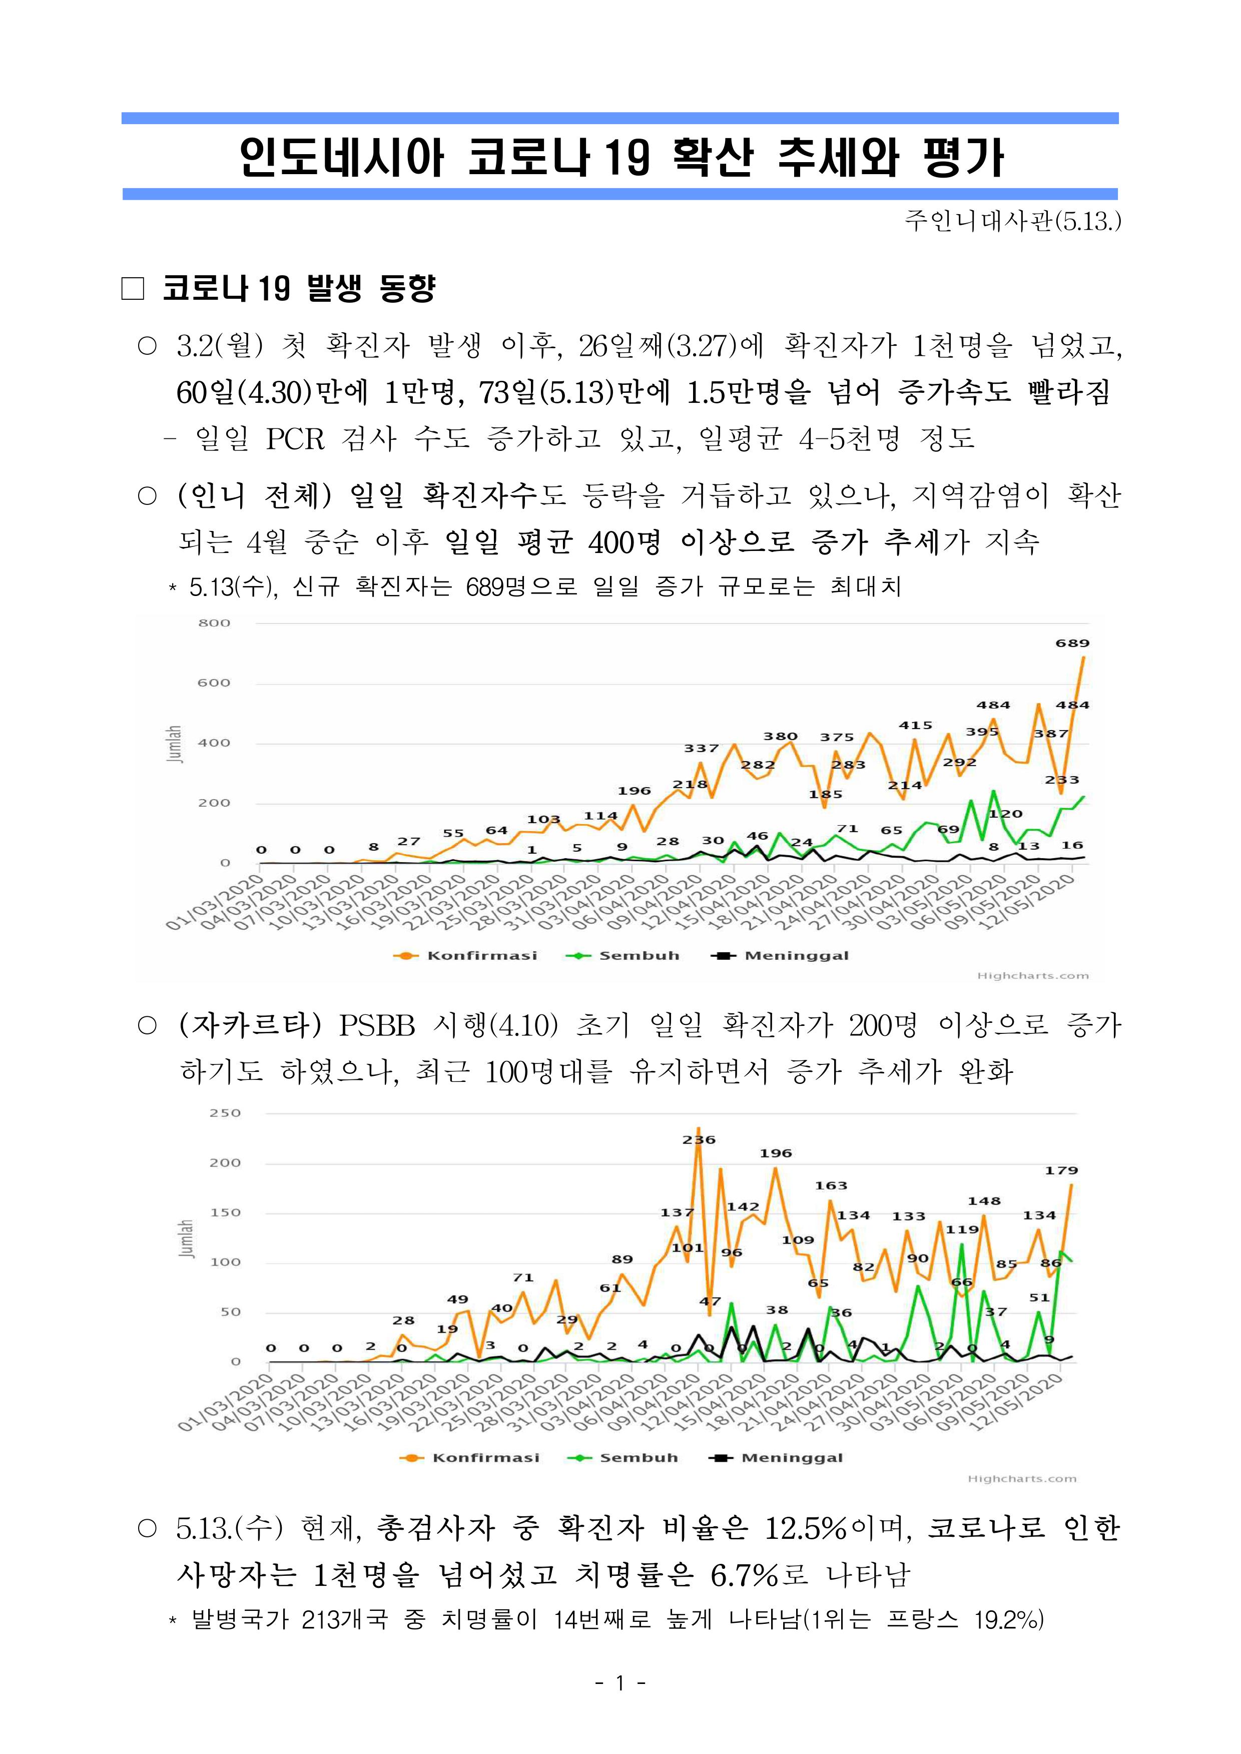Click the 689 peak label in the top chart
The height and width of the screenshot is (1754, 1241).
(x=1072, y=644)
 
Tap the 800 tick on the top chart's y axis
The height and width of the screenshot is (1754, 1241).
(x=214, y=623)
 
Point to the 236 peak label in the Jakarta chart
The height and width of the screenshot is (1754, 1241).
(x=699, y=1139)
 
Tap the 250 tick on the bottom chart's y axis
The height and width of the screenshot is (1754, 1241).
(x=225, y=1113)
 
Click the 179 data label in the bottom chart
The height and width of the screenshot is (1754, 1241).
(x=1061, y=1170)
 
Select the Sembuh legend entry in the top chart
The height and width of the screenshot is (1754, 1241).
(x=622, y=955)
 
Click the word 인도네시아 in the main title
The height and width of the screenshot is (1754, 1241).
(x=341, y=158)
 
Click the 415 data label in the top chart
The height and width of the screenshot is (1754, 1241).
(x=915, y=725)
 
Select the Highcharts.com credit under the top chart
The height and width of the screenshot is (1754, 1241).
(x=1033, y=976)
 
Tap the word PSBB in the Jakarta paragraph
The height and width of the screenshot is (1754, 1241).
(x=377, y=1026)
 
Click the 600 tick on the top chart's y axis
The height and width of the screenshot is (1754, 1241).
(x=214, y=683)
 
